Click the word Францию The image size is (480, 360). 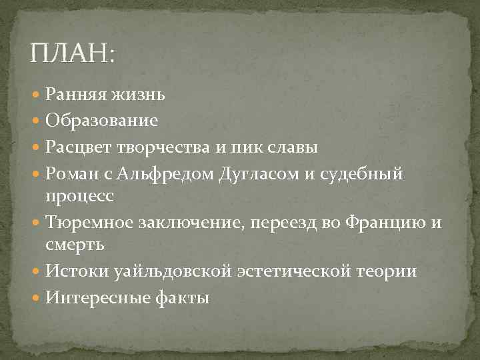383,222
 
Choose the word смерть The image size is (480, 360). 75,245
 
